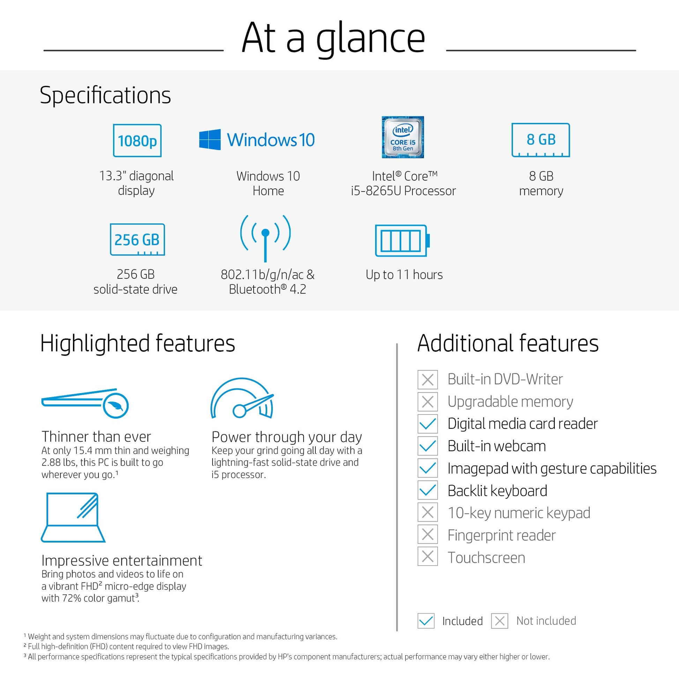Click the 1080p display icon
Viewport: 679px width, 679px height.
point(137,141)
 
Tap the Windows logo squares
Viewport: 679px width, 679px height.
point(210,140)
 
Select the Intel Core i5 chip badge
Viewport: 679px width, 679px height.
point(403,137)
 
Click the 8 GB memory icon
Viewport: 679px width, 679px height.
point(540,140)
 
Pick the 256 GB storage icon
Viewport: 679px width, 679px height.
point(137,239)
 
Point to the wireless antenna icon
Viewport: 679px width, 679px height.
point(265,239)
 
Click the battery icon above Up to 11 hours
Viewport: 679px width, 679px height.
point(402,241)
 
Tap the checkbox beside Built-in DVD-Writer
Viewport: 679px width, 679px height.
point(428,380)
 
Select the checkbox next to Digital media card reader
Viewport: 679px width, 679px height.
point(428,424)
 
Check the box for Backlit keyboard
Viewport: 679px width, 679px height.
point(428,490)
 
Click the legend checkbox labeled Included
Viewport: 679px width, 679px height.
point(426,621)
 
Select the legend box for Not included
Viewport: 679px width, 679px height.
point(499,621)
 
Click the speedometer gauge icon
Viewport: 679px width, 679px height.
point(242,398)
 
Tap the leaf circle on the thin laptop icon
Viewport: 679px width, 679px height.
point(115,405)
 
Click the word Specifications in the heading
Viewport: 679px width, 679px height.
point(105,96)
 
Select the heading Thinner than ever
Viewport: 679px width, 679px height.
point(96,437)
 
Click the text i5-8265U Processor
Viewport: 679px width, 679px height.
point(403,191)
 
